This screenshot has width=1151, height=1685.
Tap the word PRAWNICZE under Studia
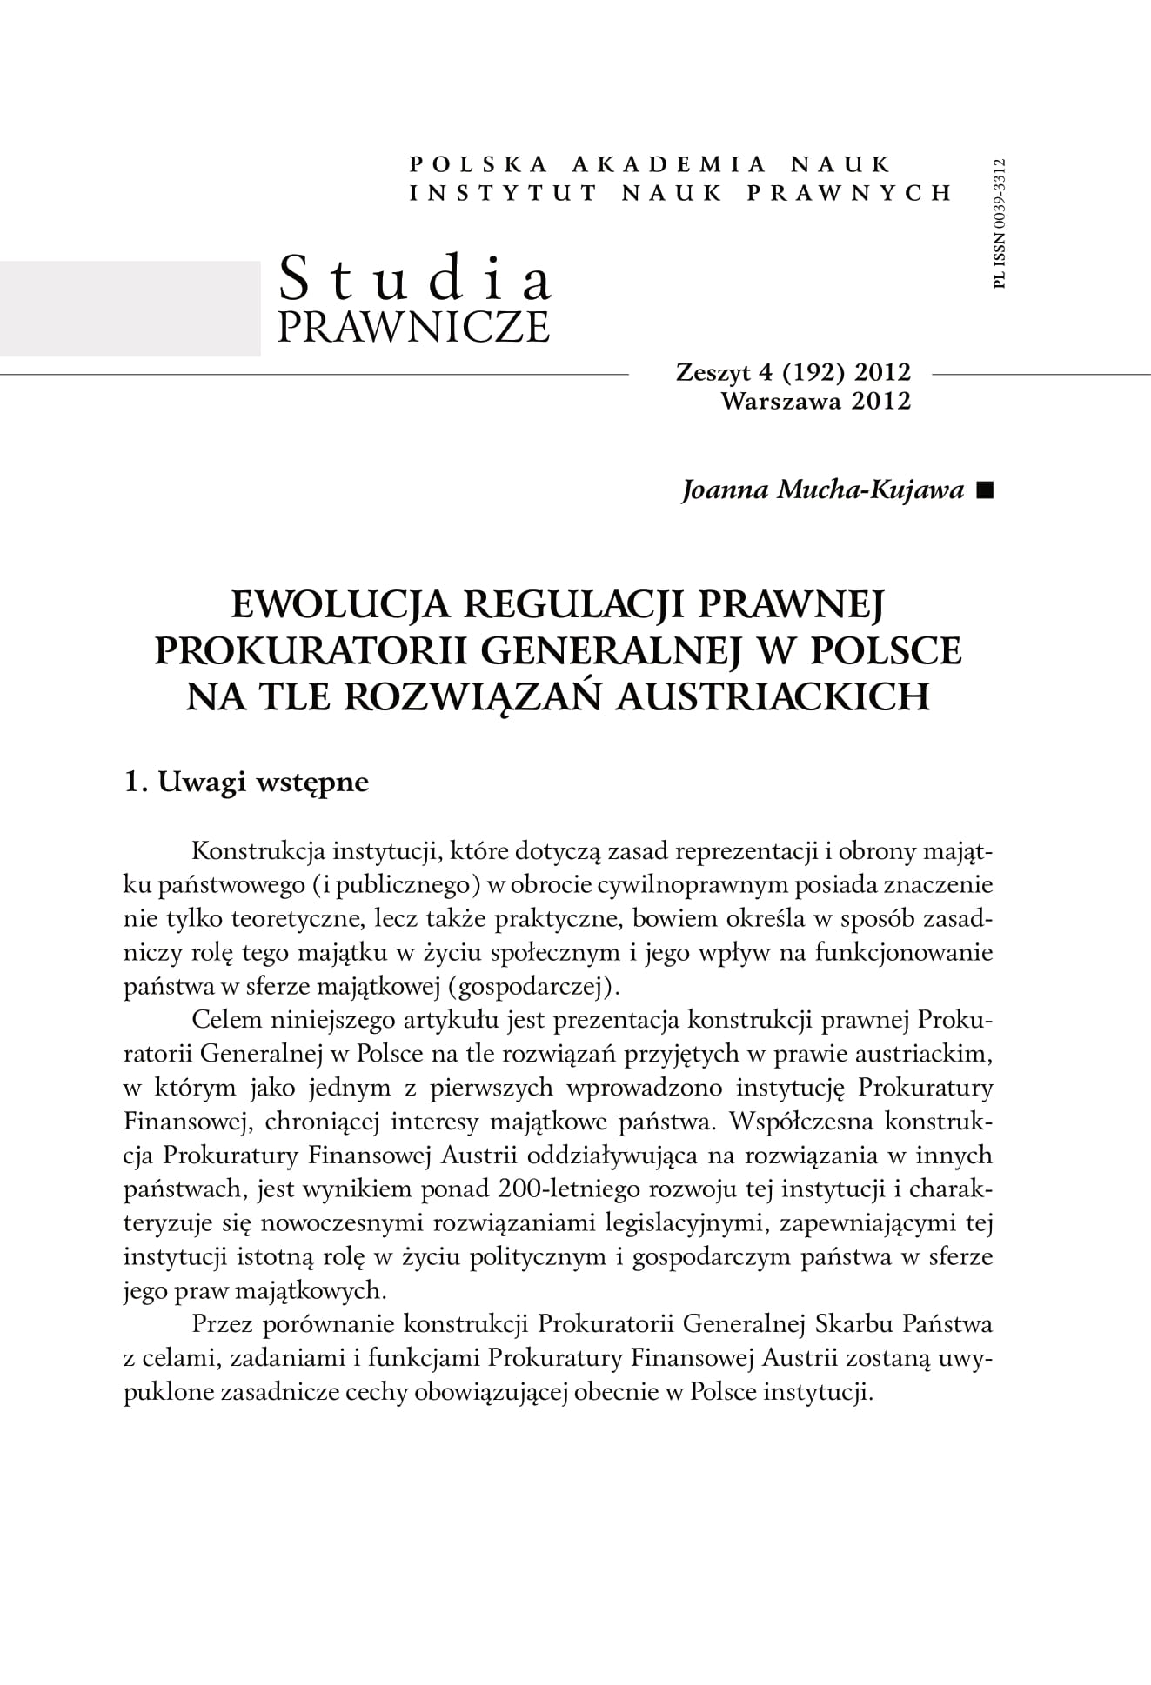point(413,326)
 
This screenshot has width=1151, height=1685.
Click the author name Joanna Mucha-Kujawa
point(823,490)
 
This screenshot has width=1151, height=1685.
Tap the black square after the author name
point(984,491)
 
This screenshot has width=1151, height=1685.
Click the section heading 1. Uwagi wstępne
point(247,782)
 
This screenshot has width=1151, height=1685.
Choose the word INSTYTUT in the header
point(503,193)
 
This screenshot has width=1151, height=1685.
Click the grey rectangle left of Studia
point(130,308)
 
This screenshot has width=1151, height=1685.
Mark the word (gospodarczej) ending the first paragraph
point(547,986)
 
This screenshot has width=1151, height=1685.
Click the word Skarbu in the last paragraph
point(853,1325)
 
